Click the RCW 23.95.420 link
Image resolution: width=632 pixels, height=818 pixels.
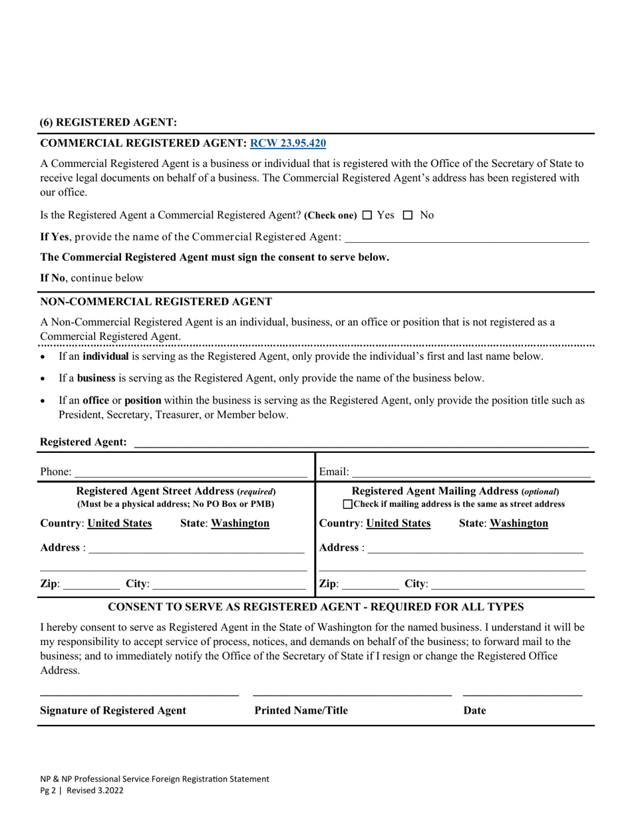point(287,143)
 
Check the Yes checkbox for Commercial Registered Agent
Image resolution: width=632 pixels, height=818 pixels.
point(367,215)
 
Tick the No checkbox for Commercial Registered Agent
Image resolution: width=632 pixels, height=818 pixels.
point(408,215)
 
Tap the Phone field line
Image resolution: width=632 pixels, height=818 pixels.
point(190,472)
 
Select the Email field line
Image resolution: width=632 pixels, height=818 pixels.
point(470,472)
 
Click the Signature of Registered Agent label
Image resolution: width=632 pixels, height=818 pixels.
point(113,710)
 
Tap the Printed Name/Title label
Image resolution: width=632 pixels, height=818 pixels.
point(301,710)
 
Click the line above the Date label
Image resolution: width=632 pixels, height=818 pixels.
point(522,695)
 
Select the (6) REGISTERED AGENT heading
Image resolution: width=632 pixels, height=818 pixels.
point(108,122)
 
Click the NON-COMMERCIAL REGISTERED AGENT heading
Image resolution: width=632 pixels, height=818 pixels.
point(156,301)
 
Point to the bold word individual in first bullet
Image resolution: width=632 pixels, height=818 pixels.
point(105,356)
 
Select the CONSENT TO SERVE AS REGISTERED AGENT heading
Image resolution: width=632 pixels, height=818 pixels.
point(315,607)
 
